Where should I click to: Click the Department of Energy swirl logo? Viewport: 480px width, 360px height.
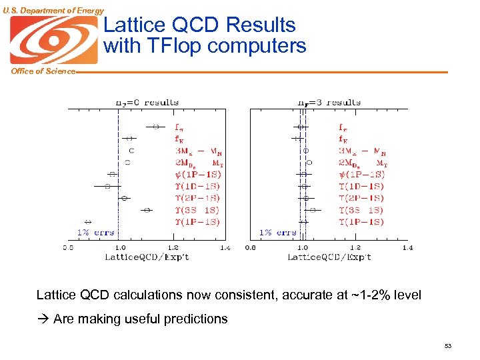pos(53,40)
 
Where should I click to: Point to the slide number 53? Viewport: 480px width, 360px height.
pos(447,345)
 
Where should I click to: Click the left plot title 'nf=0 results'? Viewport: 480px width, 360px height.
pos(147,102)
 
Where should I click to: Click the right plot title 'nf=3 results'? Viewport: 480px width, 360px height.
pos(329,102)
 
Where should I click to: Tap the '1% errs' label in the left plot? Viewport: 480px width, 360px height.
pos(95,233)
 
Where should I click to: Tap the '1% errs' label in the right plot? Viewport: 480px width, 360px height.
pos(277,233)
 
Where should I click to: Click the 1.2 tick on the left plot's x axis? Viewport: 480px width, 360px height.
pos(172,247)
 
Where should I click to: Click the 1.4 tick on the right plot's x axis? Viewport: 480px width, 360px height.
pos(407,247)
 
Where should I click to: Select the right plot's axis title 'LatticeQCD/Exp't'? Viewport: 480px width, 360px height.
pos(329,257)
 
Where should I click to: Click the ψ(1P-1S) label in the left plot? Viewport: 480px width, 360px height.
pos(197,174)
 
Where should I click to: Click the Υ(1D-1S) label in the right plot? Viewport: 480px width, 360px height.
pos(361,186)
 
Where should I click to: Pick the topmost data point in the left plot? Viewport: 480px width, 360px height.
pos(155,126)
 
